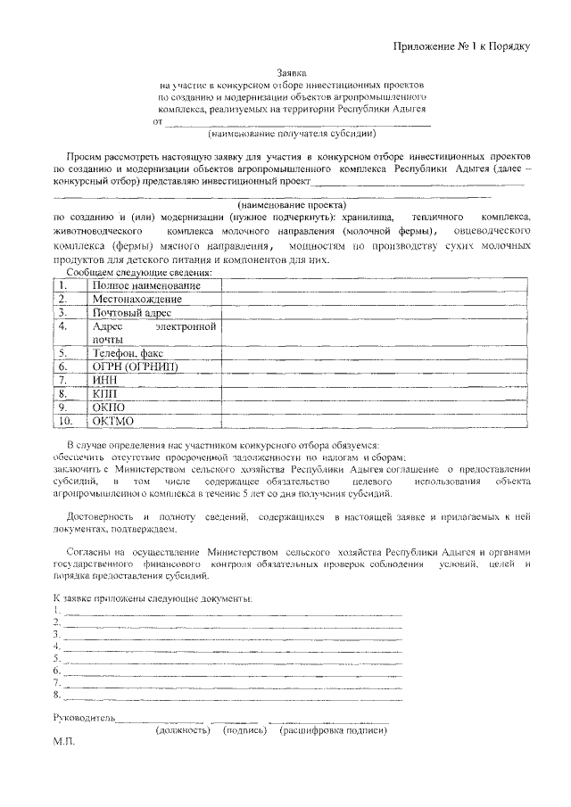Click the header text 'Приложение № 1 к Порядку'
coord(462,45)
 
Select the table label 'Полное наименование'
coord(145,285)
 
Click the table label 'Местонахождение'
coord(137,299)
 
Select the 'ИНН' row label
coord(105,380)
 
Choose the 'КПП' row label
coord(104,393)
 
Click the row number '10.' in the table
coord(65,420)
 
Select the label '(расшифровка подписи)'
coord(333,730)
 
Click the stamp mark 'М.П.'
coord(64,743)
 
